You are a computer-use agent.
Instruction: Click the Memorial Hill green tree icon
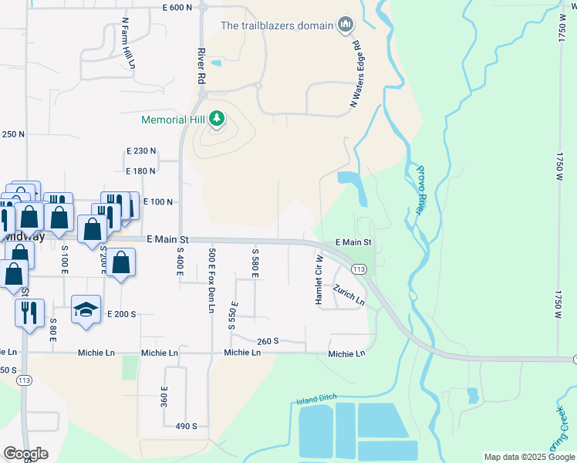click(x=218, y=119)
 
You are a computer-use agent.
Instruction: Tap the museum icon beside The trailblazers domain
click(x=345, y=25)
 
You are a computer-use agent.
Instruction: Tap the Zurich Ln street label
click(x=349, y=295)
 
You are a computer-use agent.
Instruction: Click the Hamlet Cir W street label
click(x=319, y=280)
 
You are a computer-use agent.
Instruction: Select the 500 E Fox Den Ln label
click(x=211, y=280)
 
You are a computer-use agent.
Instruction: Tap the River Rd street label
click(x=201, y=66)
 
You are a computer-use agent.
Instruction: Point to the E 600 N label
click(x=177, y=7)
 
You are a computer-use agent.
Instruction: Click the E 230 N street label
click(x=141, y=151)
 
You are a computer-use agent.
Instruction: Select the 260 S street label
click(x=268, y=340)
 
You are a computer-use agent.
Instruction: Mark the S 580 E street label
click(x=254, y=264)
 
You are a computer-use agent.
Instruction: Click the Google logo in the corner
click(x=25, y=454)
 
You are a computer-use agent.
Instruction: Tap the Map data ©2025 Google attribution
click(x=529, y=457)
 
